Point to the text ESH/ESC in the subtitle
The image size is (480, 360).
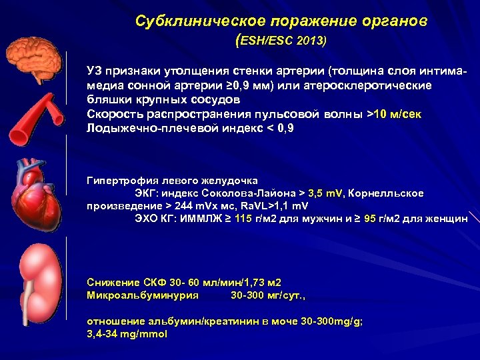(x=266, y=41)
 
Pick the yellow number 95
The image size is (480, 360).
(x=371, y=218)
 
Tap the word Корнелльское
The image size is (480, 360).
(x=386, y=193)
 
